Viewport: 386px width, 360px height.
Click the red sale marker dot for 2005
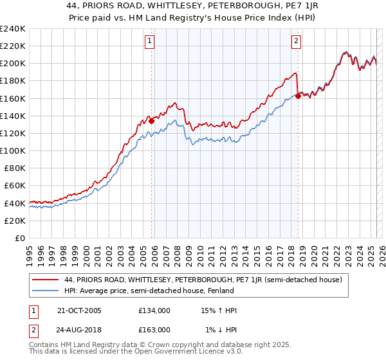[151, 120]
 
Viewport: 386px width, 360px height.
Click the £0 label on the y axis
[19, 238]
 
